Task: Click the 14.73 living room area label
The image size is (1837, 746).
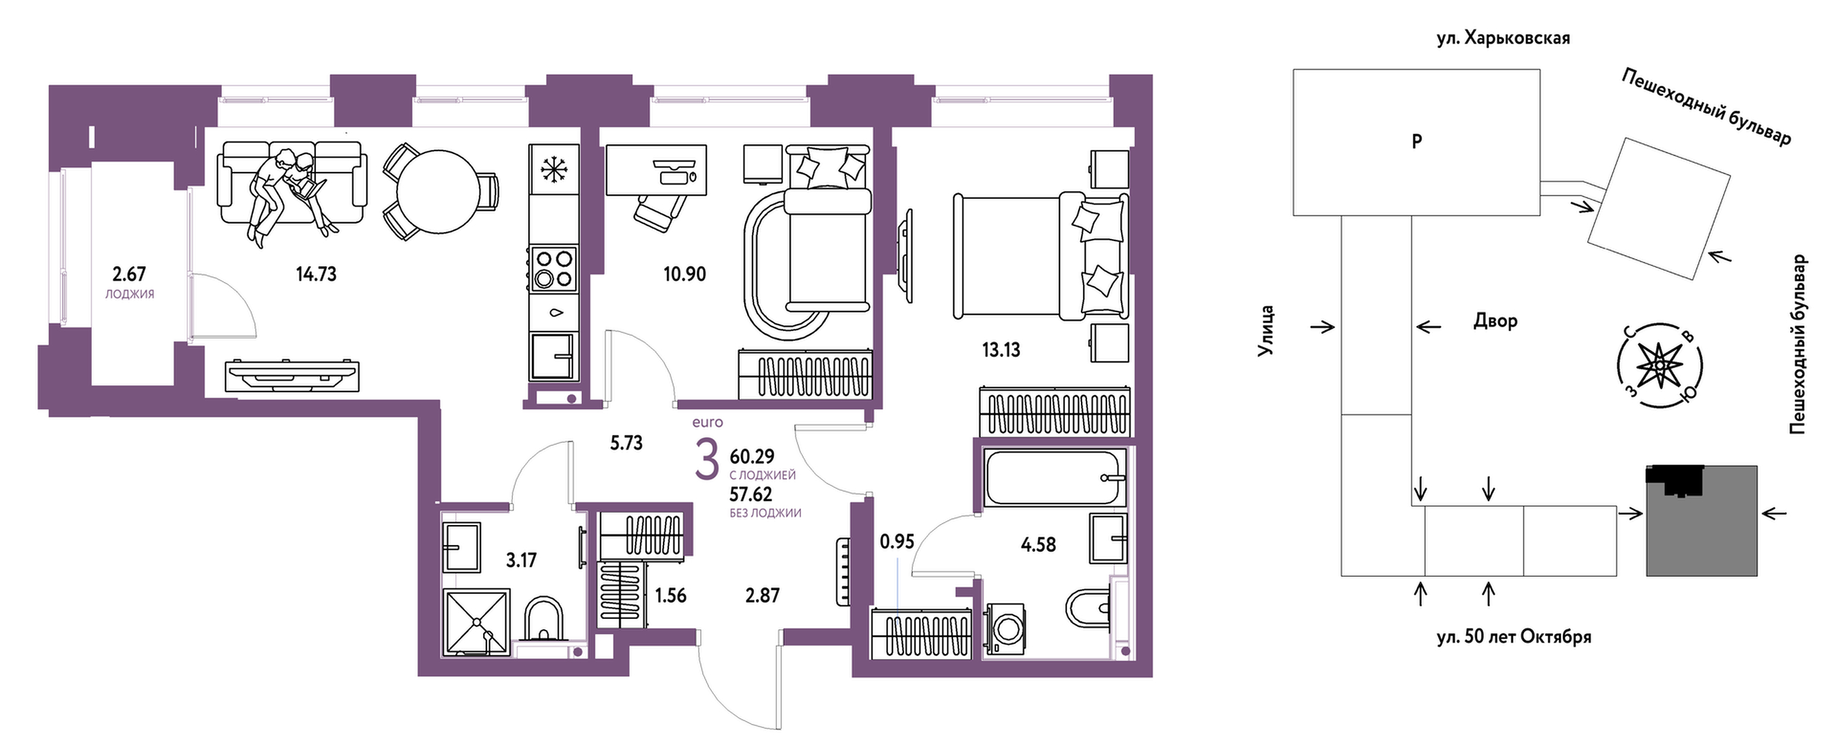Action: [316, 274]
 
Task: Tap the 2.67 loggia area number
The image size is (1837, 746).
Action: [129, 274]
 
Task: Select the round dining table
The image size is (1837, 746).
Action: [439, 191]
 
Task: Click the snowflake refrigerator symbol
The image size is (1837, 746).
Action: [554, 171]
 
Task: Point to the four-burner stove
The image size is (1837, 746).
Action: [554, 268]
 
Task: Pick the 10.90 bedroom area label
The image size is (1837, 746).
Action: [685, 274]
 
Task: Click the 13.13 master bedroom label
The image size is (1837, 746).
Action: [1001, 350]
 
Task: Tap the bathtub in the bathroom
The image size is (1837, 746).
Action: [1054, 477]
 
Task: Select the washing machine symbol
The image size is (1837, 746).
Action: [1006, 629]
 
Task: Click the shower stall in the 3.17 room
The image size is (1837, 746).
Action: [476, 621]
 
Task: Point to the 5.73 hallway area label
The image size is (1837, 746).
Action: [626, 443]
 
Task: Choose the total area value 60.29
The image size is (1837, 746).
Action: [752, 456]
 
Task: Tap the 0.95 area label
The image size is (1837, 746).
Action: [896, 542]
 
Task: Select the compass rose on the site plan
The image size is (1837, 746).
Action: [1659, 365]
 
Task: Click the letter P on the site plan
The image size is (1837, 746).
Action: [1417, 141]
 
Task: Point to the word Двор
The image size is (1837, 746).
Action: [1496, 321]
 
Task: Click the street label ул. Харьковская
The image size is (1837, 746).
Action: [1503, 38]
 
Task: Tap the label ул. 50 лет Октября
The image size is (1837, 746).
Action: [1514, 636]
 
